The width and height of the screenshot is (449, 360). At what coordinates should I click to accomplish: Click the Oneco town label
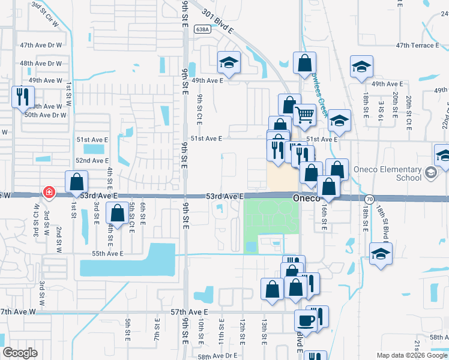click(308, 197)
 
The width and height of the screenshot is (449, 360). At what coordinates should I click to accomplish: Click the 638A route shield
click(202, 29)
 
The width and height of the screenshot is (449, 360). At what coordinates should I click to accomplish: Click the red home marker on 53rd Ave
click(48, 193)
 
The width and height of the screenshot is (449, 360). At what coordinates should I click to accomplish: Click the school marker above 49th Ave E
click(229, 62)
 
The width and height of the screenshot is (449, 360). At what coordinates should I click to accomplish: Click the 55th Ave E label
click(107, 254)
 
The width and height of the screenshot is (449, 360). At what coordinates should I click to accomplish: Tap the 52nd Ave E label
click(92, 160)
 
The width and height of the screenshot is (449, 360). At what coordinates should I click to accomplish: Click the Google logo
click(20, 352)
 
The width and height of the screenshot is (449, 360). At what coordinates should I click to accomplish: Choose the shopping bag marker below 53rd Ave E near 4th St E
click(116, 212)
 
